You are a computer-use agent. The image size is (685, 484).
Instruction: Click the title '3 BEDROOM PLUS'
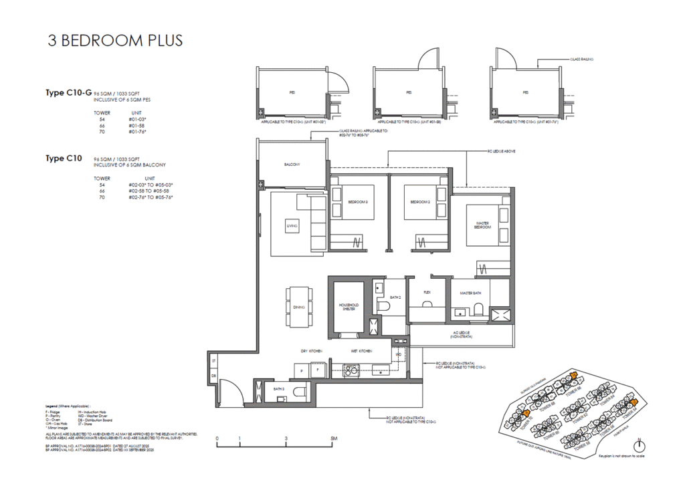click(115, 40)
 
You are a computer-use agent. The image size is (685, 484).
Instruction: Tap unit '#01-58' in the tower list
click(136, 126)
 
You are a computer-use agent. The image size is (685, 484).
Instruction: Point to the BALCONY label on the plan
click(292, 164)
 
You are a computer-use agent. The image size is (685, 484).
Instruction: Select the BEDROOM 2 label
click(419, 201)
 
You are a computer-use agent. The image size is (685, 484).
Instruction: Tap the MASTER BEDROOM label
click(484, 225)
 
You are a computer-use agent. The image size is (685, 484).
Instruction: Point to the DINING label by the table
click(298, 308)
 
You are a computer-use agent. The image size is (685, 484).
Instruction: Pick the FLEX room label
click(427, 292)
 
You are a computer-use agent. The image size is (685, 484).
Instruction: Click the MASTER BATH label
click(472, 293)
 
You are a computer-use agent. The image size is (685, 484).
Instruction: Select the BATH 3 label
click(279, 388)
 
